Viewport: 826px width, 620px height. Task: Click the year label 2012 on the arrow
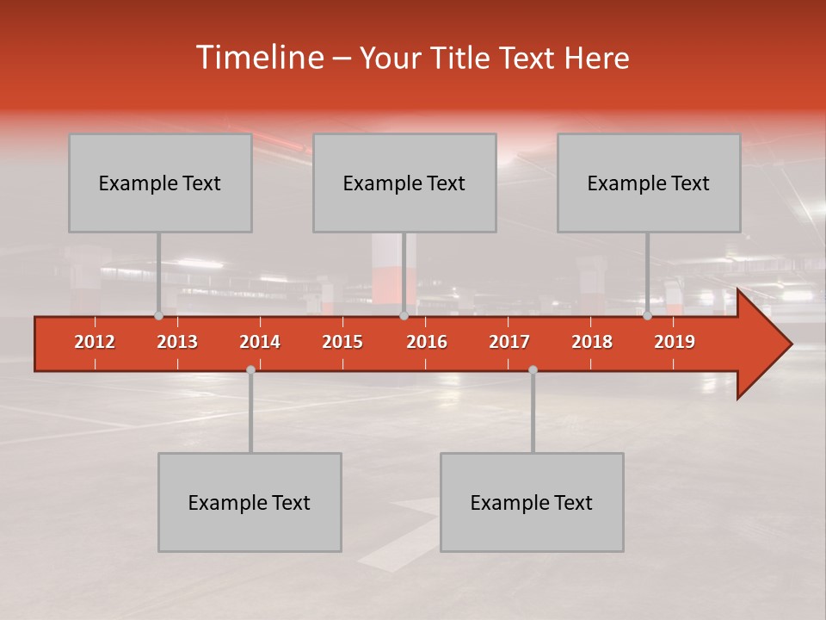click(95, 342)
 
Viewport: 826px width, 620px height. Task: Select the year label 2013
click(177, 342)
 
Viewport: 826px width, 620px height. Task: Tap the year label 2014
click(260, 342)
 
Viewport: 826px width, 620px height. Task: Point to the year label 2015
click(342, 342)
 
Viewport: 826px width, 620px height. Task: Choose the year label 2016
click(427, 342)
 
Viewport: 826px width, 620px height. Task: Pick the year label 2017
click(509, 342)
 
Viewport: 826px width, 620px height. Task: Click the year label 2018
click(592, 342)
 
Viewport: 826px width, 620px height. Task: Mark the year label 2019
click(675, 342)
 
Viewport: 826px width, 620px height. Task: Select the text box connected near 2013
click(160, 183)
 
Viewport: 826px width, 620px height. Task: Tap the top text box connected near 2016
click(404, 183)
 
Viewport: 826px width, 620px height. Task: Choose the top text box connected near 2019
click(649, 183)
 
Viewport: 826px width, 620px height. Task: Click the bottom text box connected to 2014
click(250, 502)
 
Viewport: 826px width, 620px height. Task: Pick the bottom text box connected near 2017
click(532, 502)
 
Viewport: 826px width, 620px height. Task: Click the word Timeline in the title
click(258, 58)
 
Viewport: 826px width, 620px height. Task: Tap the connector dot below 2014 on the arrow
click(250, 369)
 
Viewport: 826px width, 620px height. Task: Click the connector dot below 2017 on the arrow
click(533, 369)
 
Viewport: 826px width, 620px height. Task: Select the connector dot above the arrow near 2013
click(158, 315)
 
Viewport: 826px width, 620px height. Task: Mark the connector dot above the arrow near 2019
click(647, 315)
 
